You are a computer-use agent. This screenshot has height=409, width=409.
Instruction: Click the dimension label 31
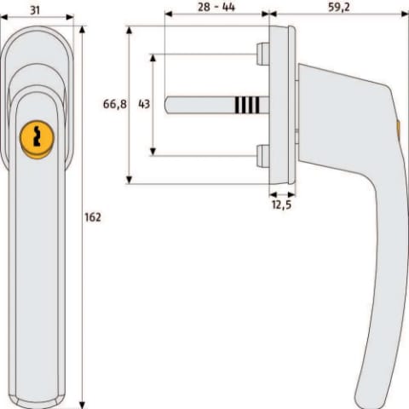click(x=35, y=10)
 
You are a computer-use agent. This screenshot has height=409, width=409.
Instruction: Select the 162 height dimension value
click(x=93, y=217)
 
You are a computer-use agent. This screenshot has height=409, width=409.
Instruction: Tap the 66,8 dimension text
click(x=115, y=104)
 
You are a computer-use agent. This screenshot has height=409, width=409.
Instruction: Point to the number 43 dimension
click(x=144, y=104)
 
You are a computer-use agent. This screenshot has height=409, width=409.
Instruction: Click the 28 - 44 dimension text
click(x=216, y=7)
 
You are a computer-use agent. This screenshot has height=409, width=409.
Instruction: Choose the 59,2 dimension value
click(x=339, y=7)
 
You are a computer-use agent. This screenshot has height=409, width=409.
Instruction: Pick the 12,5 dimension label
click(x=281, y=204)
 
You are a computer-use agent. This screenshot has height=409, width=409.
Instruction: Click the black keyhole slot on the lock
click(x=37, y=136)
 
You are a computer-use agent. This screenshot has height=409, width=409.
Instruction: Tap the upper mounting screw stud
click(x=262, y=54)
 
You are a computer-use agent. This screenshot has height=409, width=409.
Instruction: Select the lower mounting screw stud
click(x=262, y=156)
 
